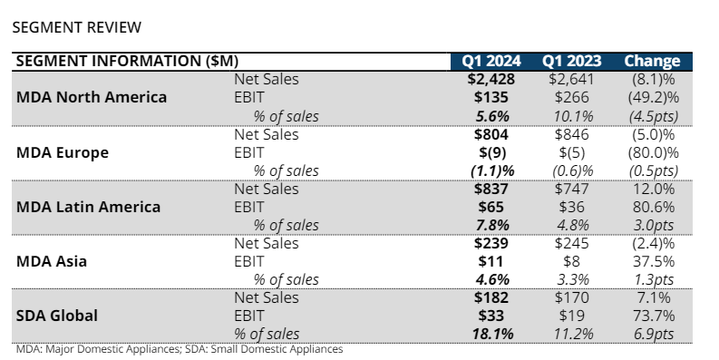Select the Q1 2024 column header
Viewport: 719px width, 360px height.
[x=491, y=62]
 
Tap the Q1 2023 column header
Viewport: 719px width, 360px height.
[x=571, y=62]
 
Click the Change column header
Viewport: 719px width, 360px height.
[x=652, y=62]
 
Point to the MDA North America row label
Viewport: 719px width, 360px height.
[x=92, y=97]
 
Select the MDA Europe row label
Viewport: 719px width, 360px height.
[x=63, y=152]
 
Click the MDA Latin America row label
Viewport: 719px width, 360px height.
[x=89, y=207]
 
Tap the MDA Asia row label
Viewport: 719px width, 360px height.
[x=53, y=261]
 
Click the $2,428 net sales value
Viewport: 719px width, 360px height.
[x=491, y=79]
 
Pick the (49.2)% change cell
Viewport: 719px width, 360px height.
[x=653, y=97]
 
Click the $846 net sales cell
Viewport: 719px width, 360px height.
[x=571, y=134]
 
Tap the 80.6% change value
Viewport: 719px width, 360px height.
[x=653, y=207]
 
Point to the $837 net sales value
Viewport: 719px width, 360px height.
[x=491, y=189]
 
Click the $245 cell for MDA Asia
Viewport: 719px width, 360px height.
[x=571, y=243]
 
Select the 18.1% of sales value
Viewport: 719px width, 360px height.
[x=491, y=334]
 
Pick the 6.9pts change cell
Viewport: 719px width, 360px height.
[x=653, y=334]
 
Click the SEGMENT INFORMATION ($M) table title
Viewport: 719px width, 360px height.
[x=128, y=62]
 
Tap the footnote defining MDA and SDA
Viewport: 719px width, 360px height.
[x=180, y=349]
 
